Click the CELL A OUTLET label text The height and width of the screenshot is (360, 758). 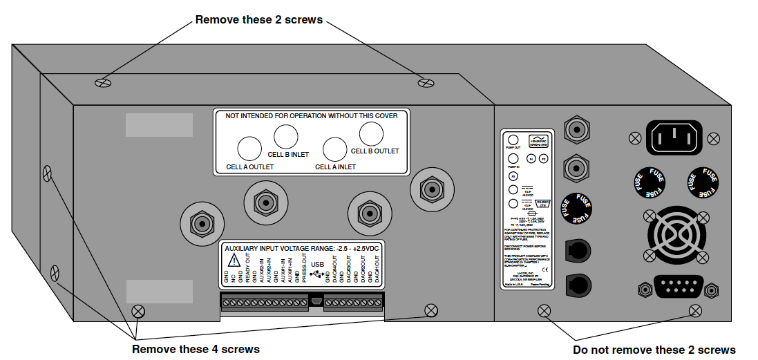pyautogui.click(x=249, y=167)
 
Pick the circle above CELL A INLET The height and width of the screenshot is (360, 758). pyautogui.click(x=335, y=149)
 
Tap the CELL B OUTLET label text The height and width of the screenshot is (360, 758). pyautogui.click(x=375, y=151)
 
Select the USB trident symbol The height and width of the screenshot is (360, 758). pyautogui.click(x=317, y=275)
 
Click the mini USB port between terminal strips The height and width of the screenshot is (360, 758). pyautogui.click(x=315, y=302)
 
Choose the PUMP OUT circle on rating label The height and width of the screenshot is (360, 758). pyautogui.click(x=513, y=139)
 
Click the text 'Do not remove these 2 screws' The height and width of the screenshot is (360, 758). pyautogui.click(x=654, y=350)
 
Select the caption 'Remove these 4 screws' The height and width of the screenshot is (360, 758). pyautogui.click(x=196, y=349)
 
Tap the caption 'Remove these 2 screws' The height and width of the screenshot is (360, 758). pyautogui.click(x=259, y=19)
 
